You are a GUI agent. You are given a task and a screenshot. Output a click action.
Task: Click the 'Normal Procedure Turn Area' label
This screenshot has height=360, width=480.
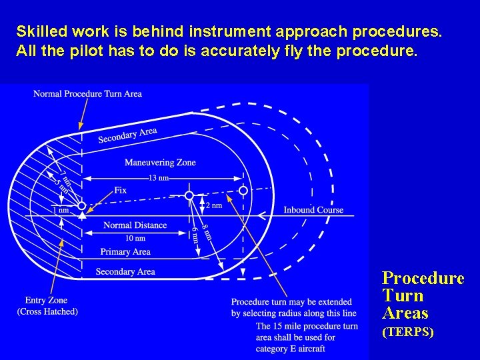tap(87, 93)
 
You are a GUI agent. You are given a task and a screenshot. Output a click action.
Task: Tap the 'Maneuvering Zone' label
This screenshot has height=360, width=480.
tap(160, 162)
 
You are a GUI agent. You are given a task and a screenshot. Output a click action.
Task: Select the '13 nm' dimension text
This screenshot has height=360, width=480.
tap(159, 178)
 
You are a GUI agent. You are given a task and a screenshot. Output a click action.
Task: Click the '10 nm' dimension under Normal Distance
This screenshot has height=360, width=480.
tap(135, 238)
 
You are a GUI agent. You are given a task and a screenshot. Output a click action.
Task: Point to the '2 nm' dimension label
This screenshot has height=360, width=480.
tap(213, 205)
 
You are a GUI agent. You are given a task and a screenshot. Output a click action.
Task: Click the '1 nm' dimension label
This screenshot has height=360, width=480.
tap(60, 210)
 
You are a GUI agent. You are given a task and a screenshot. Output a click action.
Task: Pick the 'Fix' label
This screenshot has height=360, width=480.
tap(120, 190)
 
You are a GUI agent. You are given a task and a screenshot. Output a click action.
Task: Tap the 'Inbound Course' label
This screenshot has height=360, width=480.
tap(313, 209)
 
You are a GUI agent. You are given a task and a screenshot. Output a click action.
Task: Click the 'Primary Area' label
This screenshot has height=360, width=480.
tap(125, 251)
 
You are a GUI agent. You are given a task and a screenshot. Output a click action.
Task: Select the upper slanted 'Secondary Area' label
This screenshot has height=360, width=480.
tap(127, 135)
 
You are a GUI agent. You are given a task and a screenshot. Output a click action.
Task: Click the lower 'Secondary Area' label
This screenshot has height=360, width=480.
tap(125, 271)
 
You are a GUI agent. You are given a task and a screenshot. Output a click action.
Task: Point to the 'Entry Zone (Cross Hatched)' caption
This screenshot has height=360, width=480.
tap(47, 306)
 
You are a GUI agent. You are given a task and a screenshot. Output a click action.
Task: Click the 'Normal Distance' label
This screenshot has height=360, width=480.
tap(135, 225)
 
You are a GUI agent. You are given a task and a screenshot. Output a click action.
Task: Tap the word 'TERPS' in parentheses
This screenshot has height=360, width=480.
tap(407, 331)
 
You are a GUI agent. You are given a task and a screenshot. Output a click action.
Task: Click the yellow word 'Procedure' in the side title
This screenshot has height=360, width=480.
tap(423, 278)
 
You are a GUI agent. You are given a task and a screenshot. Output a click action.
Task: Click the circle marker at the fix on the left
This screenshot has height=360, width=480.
tap(81, 206)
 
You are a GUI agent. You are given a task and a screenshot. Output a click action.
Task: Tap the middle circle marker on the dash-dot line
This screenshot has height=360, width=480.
tap(189, 195)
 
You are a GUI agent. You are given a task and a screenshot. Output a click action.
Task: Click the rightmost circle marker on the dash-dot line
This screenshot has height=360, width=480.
tap(243, 191)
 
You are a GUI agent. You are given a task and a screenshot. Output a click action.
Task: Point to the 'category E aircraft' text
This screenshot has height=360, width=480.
tap(291, 348)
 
